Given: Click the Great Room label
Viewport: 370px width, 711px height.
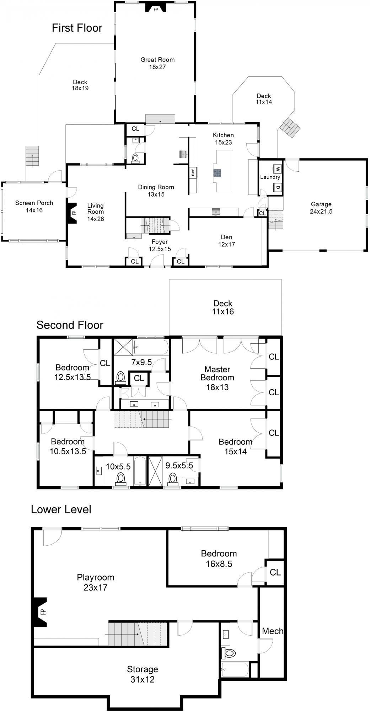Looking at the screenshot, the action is [x=157, y=63].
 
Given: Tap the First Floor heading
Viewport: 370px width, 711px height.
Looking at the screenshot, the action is [x=77, y=28].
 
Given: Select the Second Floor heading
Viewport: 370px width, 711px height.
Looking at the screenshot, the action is [x=70, y=325].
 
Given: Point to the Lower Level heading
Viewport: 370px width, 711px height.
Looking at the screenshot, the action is [x=61, y=509].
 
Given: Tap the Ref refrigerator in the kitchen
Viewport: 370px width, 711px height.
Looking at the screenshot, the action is [x=193, y=172].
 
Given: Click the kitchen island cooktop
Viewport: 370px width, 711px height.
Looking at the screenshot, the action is [x=217, y=173].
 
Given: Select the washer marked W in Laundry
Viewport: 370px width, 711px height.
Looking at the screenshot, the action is [x=277, y=169].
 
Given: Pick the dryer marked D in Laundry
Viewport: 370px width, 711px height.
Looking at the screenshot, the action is [x=277, y=187].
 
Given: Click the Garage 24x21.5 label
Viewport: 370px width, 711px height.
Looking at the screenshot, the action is [x=321, y=208].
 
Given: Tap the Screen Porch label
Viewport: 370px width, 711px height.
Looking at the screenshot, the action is [x=34, y=207].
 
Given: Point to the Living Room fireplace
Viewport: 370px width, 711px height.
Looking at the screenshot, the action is [x=72, y=213].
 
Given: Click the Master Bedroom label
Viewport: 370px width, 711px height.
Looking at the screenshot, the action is [x=217, y=378].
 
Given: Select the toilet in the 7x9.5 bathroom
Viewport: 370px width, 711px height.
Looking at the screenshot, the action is [x=121, y=378].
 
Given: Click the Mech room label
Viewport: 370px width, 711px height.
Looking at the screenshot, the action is [x=273, y=631].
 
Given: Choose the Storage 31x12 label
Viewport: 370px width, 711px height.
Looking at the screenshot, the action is [x=143, y=674].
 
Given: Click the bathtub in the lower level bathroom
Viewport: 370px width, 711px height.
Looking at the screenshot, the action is [x=235, y=669].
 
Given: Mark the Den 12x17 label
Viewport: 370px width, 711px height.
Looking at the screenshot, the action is [x=227, y=241].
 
